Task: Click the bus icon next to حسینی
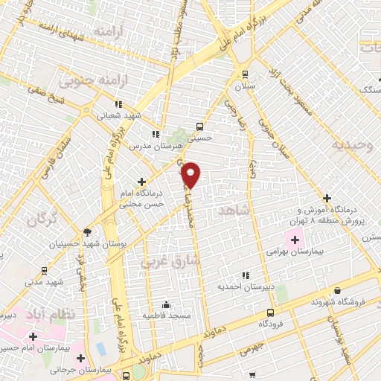click(199, 127)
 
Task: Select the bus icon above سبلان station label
click(245, 74)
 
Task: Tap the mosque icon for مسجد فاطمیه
click(165, 304)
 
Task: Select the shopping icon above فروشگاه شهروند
click(339, 290)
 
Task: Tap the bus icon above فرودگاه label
click(269, 313)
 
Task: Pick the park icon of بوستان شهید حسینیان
click(88, 232)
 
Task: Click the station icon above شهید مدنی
click(45, 270)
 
